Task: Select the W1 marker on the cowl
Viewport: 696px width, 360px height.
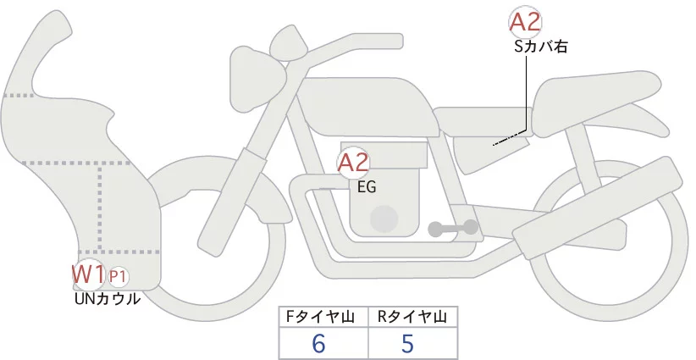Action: [87, 274]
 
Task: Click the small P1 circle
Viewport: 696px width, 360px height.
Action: [119, 276]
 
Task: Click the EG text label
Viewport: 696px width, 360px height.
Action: [367, 187]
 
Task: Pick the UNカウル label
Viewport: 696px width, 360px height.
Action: [107, 298]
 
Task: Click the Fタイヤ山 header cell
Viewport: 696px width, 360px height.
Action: [323, 317]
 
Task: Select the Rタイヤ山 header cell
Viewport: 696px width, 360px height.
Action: [412, 317]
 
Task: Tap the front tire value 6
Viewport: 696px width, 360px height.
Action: [318, 343]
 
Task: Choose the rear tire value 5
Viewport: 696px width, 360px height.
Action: [407, 343]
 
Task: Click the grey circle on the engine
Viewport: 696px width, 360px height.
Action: [385, 218]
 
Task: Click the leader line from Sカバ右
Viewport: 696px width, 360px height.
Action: [528, 93]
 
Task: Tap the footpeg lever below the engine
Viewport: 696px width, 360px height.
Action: [452, 227]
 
